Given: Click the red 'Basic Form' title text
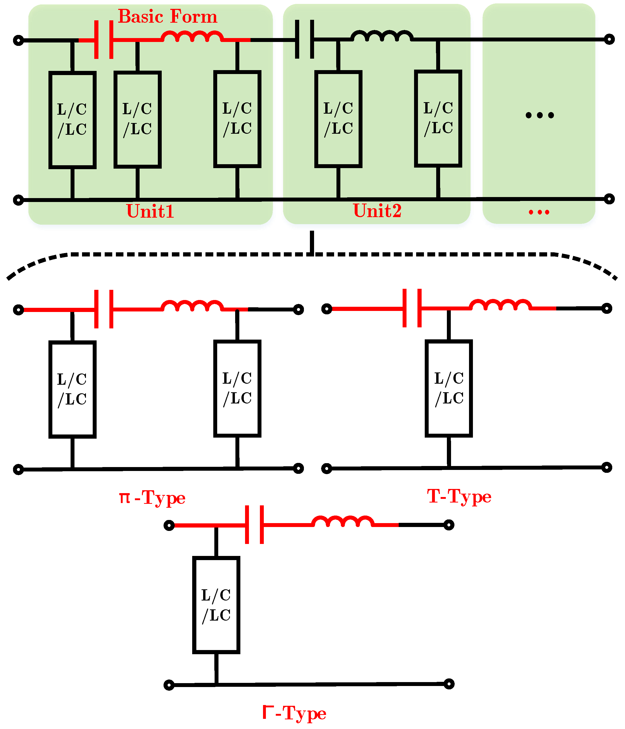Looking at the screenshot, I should click(167, 16).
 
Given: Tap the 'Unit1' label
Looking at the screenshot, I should click(150, 211).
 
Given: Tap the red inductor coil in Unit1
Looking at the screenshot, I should click(192, 36).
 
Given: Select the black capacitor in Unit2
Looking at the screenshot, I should click(304, 39).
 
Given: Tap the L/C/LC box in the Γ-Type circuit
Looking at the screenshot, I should click(216, 605).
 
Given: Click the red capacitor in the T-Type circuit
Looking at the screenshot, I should click(412, 308).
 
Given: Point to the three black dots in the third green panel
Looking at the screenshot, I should click(540, 115).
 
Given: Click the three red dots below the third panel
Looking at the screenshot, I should click(539, 212).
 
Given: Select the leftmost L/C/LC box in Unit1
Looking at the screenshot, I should click(72, 120).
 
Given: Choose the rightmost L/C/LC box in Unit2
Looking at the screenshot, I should click(438, 119).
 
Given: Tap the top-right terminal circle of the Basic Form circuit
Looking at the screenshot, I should click(609, 39).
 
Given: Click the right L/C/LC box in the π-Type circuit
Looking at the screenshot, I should click(237, 388).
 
